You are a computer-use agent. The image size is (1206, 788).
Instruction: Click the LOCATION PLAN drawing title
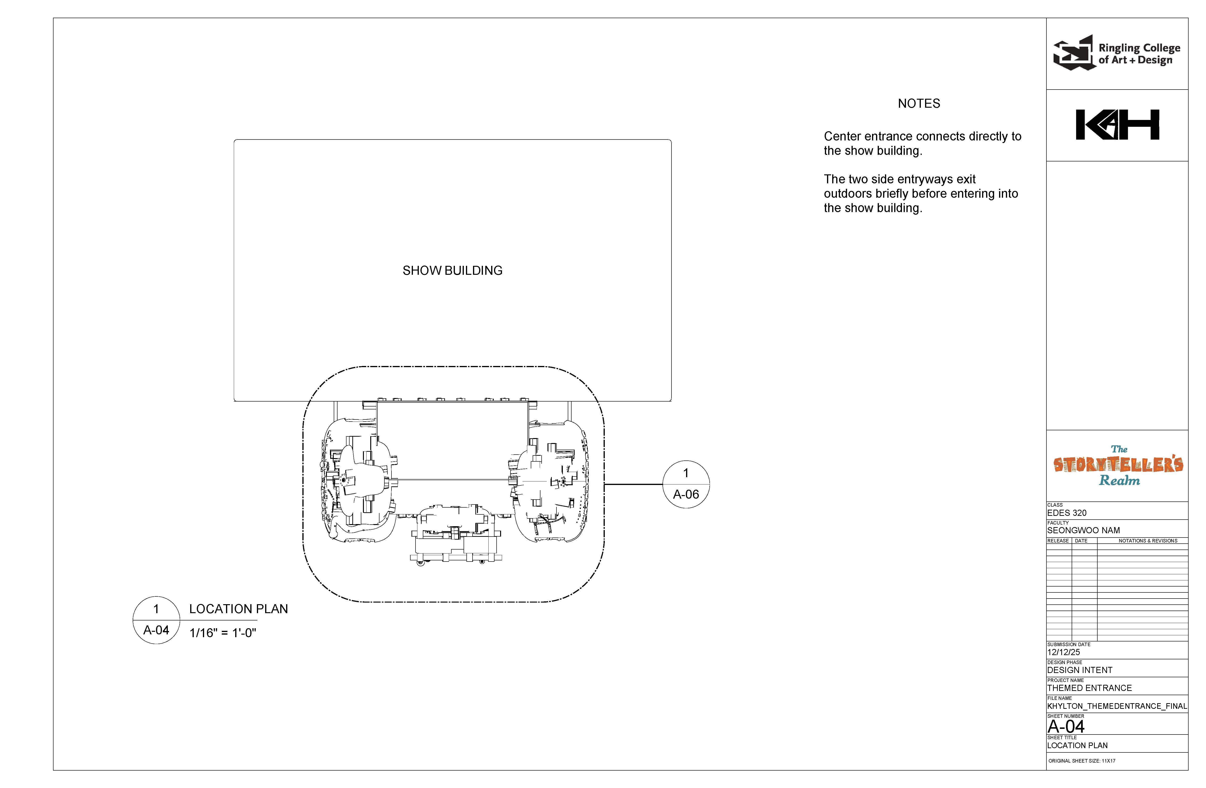[238, 609]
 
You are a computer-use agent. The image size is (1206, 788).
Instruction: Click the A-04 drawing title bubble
[156, 620]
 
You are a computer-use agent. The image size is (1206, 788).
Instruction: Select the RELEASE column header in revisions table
[1058, 541]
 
